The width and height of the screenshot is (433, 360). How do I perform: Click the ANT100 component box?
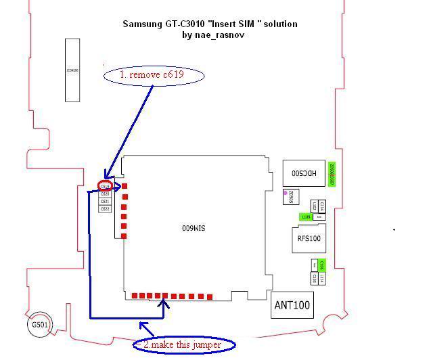tap(292, 305)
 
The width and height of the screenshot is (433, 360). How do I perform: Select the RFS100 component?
tap(309, 238)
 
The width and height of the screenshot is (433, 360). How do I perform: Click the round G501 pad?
tap(39, 325)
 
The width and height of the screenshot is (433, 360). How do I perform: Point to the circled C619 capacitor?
tap(105, 185)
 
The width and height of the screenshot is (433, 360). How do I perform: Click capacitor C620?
tap(105, 194)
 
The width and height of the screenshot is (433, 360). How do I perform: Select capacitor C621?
tap(105, 201)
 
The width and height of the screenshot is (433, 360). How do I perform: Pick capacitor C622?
tap(105, 209)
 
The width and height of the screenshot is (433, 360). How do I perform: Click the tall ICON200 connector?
tap(72, 70)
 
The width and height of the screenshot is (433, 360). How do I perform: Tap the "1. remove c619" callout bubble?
tap(154, 74)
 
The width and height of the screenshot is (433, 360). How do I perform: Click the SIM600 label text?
tap(194, 228)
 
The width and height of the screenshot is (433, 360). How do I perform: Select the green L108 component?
tap(306, 217)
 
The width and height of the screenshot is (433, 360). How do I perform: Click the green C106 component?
tap(322, 265)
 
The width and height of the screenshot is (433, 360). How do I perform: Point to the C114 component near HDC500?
tap(322, 206)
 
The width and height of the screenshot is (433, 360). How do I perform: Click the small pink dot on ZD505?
tap(286, 192)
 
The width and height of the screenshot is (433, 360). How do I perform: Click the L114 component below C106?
tap(322, 278)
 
